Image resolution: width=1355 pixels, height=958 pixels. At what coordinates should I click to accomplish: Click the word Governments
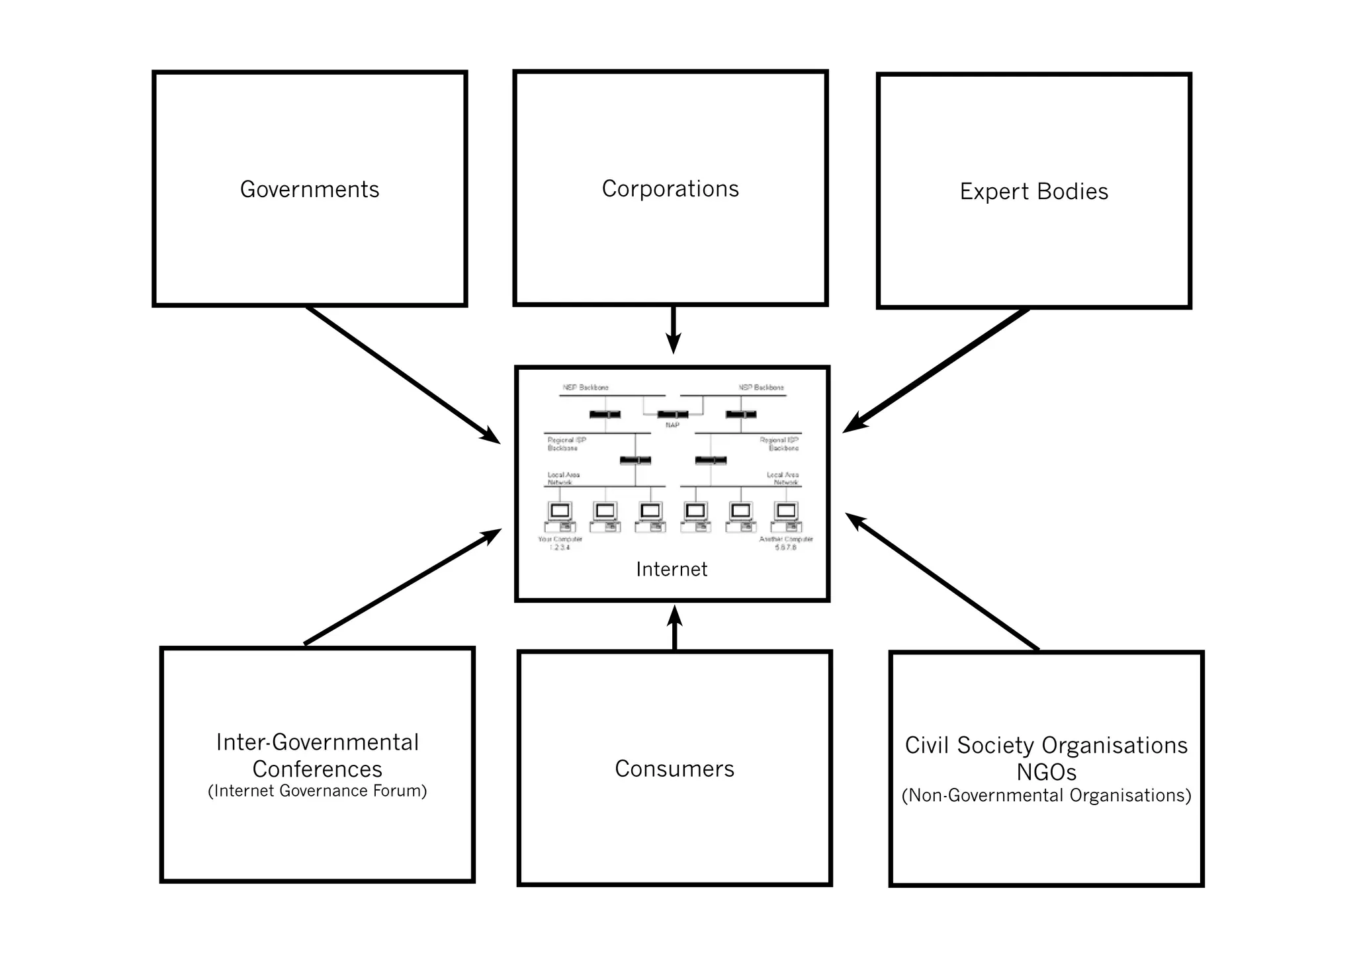310,190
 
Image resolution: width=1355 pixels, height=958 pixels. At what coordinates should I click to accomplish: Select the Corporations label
670,189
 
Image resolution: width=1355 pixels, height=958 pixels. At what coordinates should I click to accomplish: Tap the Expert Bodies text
1033,192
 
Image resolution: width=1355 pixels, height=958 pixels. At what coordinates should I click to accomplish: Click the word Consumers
674,769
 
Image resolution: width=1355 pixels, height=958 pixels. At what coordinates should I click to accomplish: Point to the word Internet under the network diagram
672,570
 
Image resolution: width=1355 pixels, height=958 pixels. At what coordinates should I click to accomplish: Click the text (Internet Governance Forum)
318,791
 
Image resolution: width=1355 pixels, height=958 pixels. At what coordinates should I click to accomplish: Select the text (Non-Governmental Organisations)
1046,795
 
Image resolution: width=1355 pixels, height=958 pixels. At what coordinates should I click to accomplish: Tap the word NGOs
1046,772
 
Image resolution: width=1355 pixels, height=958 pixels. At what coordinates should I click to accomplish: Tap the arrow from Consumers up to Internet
674,628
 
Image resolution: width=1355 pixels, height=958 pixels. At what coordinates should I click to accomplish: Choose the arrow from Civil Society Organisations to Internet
942,582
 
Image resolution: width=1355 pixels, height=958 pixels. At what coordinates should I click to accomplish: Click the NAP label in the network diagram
672,425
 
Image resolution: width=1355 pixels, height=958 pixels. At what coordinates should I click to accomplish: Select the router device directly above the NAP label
672,415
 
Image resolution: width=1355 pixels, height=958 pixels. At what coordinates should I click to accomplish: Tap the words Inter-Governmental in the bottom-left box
318,742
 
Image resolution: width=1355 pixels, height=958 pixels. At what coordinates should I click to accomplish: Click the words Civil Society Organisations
1046,746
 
